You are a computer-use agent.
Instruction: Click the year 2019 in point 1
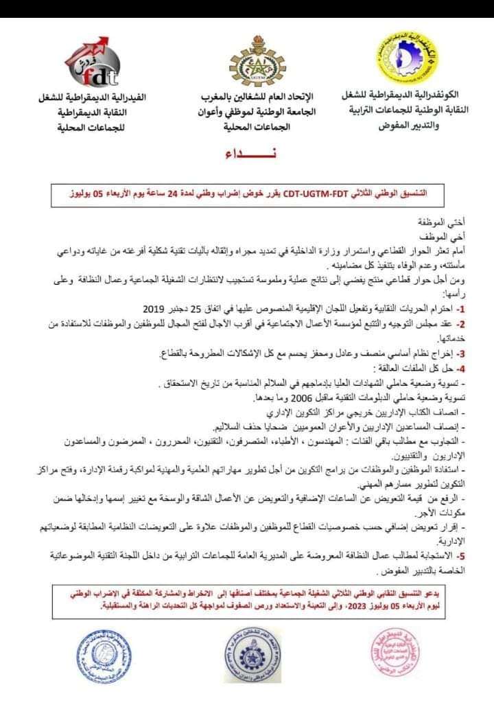click(x=157, y=307)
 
